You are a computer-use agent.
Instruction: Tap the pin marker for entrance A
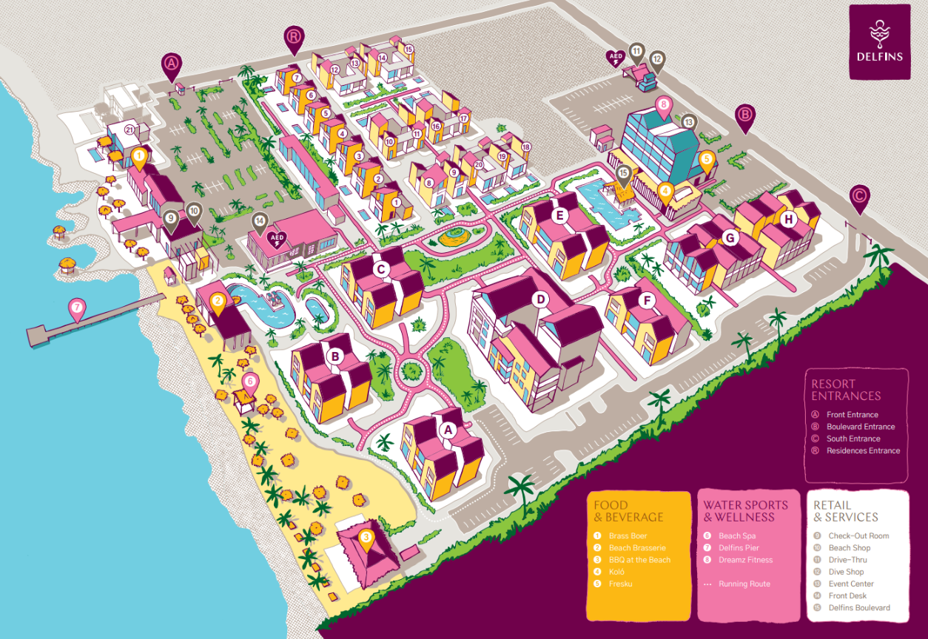[x=172, y=65]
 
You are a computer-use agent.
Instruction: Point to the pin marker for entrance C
[x=859, y=197]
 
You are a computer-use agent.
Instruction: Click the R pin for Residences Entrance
[x=294, y=38]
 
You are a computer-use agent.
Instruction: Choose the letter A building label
[x=446, y=429]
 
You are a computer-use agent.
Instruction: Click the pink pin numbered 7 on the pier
[x=77, y=307]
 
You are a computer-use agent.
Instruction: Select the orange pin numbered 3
[x=366, y=538]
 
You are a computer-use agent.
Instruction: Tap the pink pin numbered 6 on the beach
[x=250, y=382]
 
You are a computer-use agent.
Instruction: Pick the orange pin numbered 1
[x=138, y=156]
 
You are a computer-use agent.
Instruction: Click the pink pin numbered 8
[x=664, y=105]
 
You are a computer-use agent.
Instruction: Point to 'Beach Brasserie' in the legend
[x=637, y=548]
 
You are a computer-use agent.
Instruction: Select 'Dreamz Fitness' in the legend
[x=745, y=560]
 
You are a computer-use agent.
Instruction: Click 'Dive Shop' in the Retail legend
[x=846, y=572]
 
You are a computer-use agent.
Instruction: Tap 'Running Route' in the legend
[x=744, y=584]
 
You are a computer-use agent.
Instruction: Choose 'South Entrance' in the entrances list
[x=852, y=439]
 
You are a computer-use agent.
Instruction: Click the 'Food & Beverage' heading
[x=628, y=511]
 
